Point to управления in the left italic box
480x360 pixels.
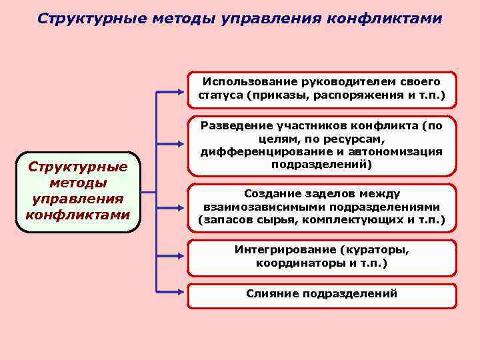pyautogui.click(x=77, y=199)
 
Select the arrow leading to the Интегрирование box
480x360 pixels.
pyautogui.click(x=171, y=256)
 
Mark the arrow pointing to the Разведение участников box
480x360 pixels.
pyautogui.click(x=171, y=142)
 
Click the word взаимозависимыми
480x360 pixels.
pyautogui.click(x=264, y=207)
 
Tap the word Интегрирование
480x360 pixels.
pyautogui.click(x=284, y=250)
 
